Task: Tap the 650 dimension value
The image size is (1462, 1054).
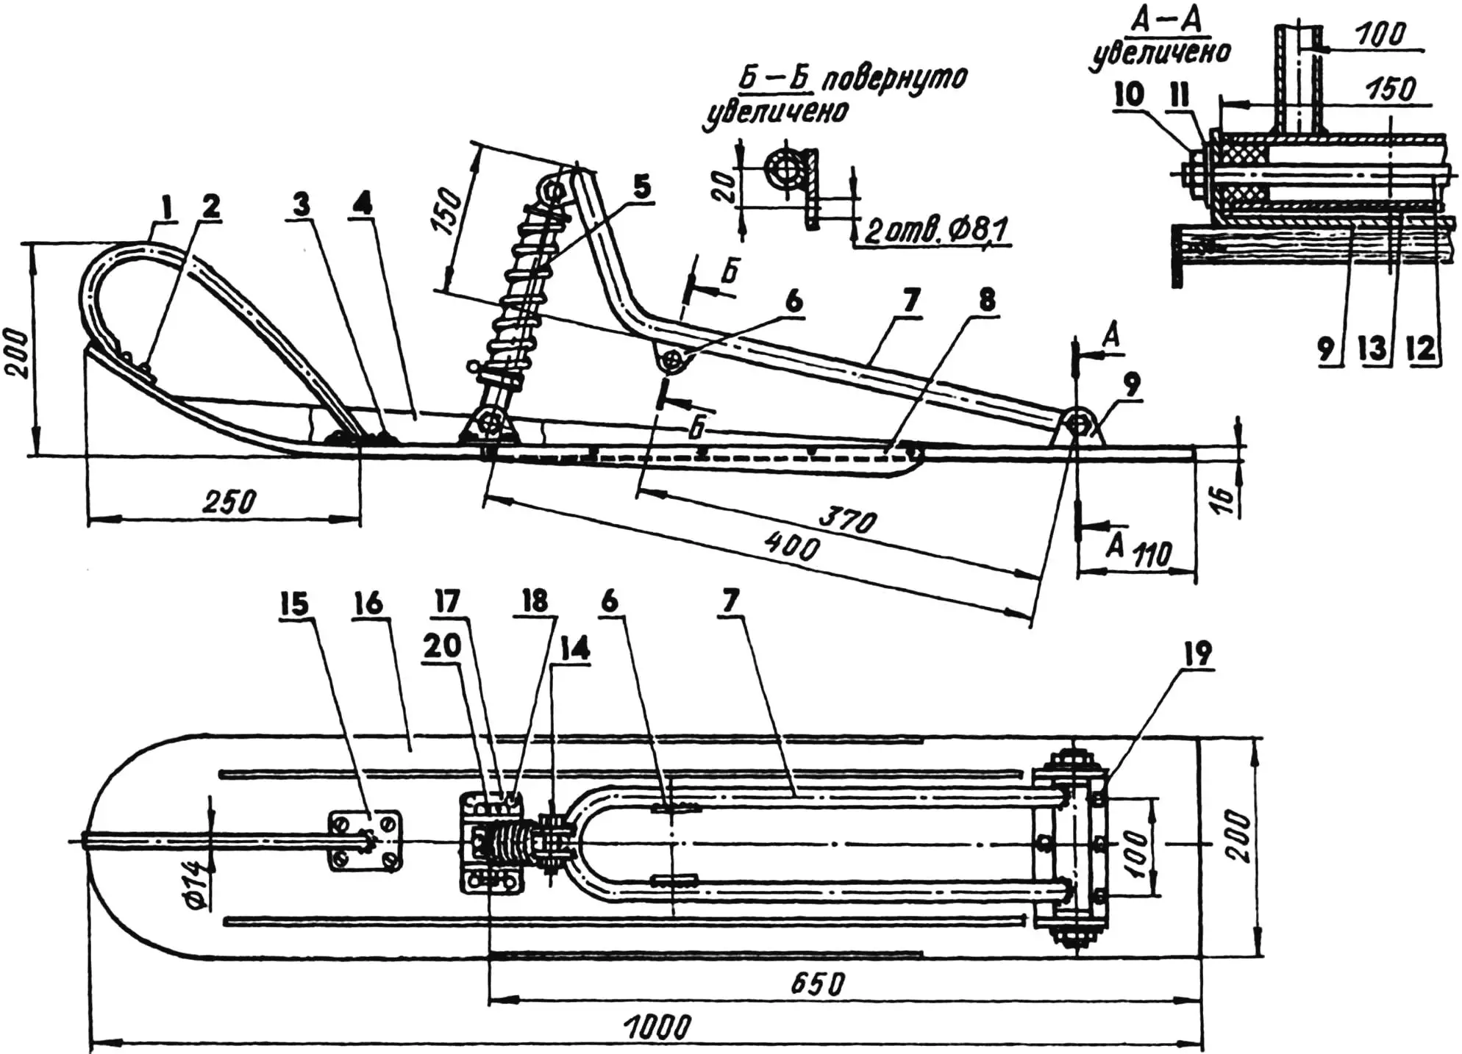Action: pyautogui.click(x=818, y=983)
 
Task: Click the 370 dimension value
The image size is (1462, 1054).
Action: pyautogui.click(x=849, y=520)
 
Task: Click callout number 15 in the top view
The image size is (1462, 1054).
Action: pyautogui.click(x=293, y=604)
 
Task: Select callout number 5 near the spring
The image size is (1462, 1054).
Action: pyautogui.click(x=641, y=187)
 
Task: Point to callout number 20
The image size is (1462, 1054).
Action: pyautogui.click(x=441, y=647)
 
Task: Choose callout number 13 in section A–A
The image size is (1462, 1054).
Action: pyautogui.click(x=1372, y=348)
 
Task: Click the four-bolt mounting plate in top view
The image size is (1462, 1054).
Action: pyautogui.click(x=365, y=839)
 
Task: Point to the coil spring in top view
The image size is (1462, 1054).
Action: pyautogui.click(x=508, y=842)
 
